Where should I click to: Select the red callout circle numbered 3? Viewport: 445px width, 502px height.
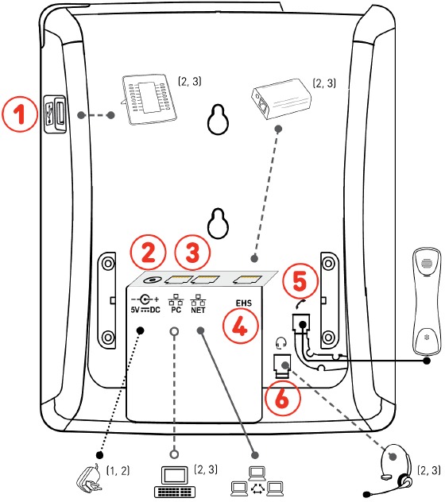pyautogui.click(x=193, y=253)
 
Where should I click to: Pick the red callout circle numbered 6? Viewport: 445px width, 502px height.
pyautogui.click(x=283, y=396)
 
